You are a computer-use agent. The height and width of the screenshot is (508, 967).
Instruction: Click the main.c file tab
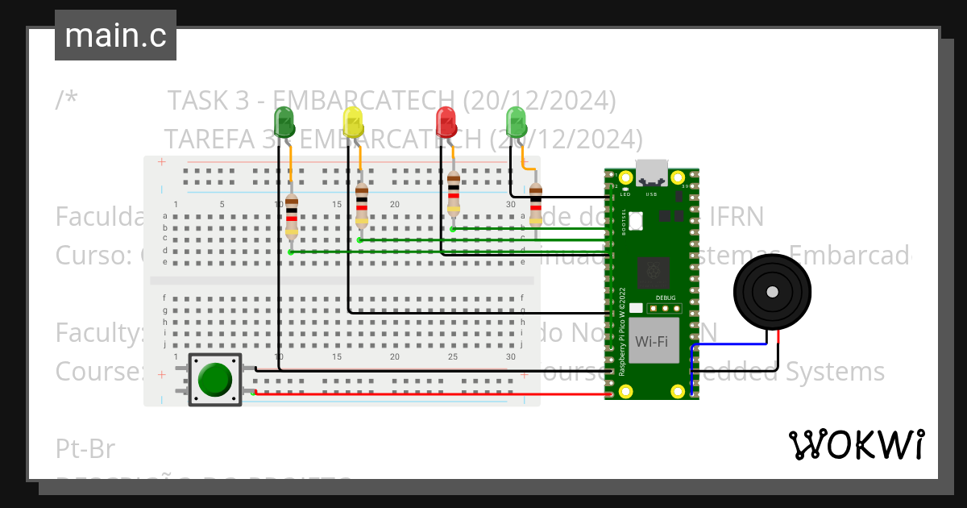tap(115, 35)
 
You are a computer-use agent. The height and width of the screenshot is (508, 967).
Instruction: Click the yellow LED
tap(353, 123)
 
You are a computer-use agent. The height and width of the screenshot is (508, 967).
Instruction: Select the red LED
tap(446, 123)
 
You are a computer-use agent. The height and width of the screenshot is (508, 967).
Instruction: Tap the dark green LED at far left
tap(284, 122)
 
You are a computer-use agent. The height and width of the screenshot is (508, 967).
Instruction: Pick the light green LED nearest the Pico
tap(516, 123)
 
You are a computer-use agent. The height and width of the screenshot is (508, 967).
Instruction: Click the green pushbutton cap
tap(214, 379)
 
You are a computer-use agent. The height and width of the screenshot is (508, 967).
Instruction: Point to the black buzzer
tap(772, 292)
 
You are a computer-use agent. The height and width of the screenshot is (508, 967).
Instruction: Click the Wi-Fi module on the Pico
tap(651, 340)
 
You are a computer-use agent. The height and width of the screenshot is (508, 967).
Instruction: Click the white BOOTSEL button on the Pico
tap(636, 219)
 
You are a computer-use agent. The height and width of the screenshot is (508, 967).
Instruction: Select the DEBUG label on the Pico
tap(666, 298)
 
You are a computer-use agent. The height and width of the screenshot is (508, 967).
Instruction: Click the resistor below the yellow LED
tap(362, 206)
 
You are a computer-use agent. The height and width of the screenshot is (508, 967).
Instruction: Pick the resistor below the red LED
tap(454, 194)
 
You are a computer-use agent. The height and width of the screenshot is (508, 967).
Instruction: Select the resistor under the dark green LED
tap(292, 218)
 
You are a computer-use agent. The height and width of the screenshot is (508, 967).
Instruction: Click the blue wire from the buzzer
tap(725, 344)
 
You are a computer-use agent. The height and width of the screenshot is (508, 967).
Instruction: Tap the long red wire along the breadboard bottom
tap(427, 394)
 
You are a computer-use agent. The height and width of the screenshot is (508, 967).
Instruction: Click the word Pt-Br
tap(85, 449)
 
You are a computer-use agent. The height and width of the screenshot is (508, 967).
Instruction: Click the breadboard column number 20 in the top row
tap(395, 204)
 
